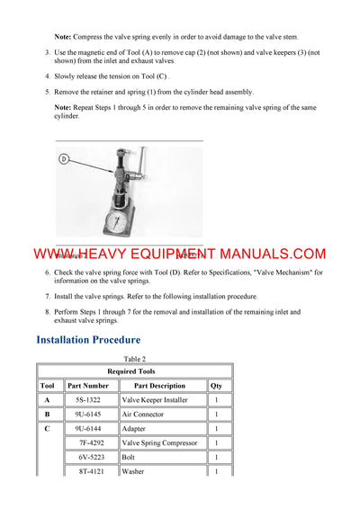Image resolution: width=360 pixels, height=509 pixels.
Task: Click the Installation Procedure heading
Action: (88, 340)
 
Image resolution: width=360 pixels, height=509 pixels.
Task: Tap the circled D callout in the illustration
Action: (65, 159)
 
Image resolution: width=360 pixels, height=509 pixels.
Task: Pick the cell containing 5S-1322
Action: (87, 400)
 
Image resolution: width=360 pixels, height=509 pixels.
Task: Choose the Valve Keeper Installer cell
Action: (154, 400)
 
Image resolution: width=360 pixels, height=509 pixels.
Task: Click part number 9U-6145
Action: (87, 415)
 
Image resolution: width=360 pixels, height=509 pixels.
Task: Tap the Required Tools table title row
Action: (134, 371)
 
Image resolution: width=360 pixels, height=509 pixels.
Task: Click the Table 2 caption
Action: (134, 359)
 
